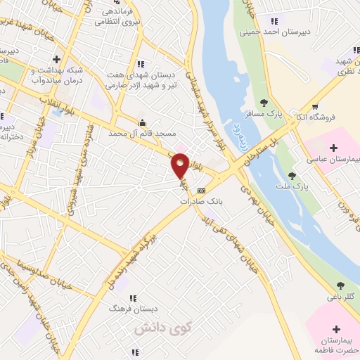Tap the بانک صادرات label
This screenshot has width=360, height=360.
click(x=195, y=200)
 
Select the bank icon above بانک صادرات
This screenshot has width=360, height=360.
click(x=202, y=190)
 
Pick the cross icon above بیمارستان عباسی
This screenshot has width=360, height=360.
click(x=333, y=148)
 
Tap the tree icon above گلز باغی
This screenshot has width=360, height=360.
click(x=341, y=285)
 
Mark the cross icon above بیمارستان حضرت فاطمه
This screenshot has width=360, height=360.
click(x=336, y=329)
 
